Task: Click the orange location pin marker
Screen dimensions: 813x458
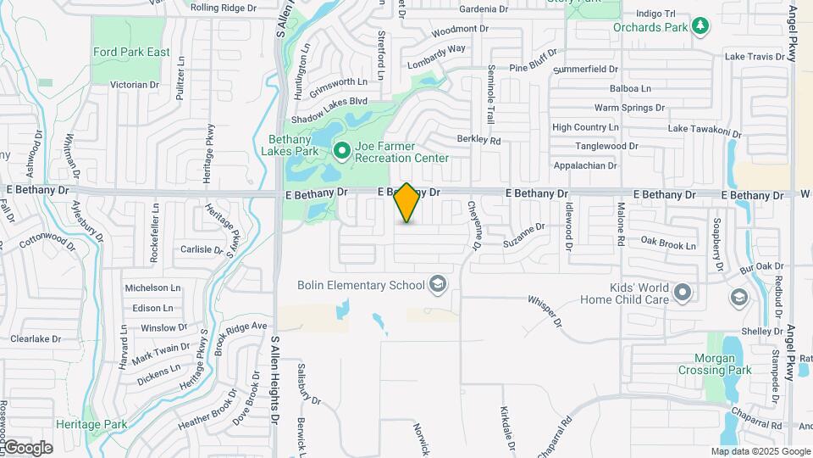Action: pyautogui.click(x=407, y=203)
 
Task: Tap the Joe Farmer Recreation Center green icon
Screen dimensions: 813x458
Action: pyautogui.click(x=342, y=151)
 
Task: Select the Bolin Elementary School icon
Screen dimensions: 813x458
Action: pyautogui.click(x=438, y=284)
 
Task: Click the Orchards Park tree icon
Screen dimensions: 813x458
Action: pyautogui.click(x=700, y=26)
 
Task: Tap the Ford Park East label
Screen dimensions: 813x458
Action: pyautogui.click(x=131, y=52)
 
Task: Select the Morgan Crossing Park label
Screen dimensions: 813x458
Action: pyautogui.click(x=715, y=364)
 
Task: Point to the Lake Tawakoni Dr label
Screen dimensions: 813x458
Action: pyautogui.click(x=705, y=129)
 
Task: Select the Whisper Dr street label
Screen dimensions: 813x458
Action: pyautogui.click(x=545, y=310)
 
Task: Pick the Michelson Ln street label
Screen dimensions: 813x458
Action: pyautogui.click(x=152, y=288)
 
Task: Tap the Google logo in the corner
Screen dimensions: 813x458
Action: pyautogui.click(x=27, y=447)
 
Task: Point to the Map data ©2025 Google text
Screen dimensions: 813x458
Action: pyautogui.click(x=760, y=452)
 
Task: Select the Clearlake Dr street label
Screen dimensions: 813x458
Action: pyautogui.click(x=36, y=338)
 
